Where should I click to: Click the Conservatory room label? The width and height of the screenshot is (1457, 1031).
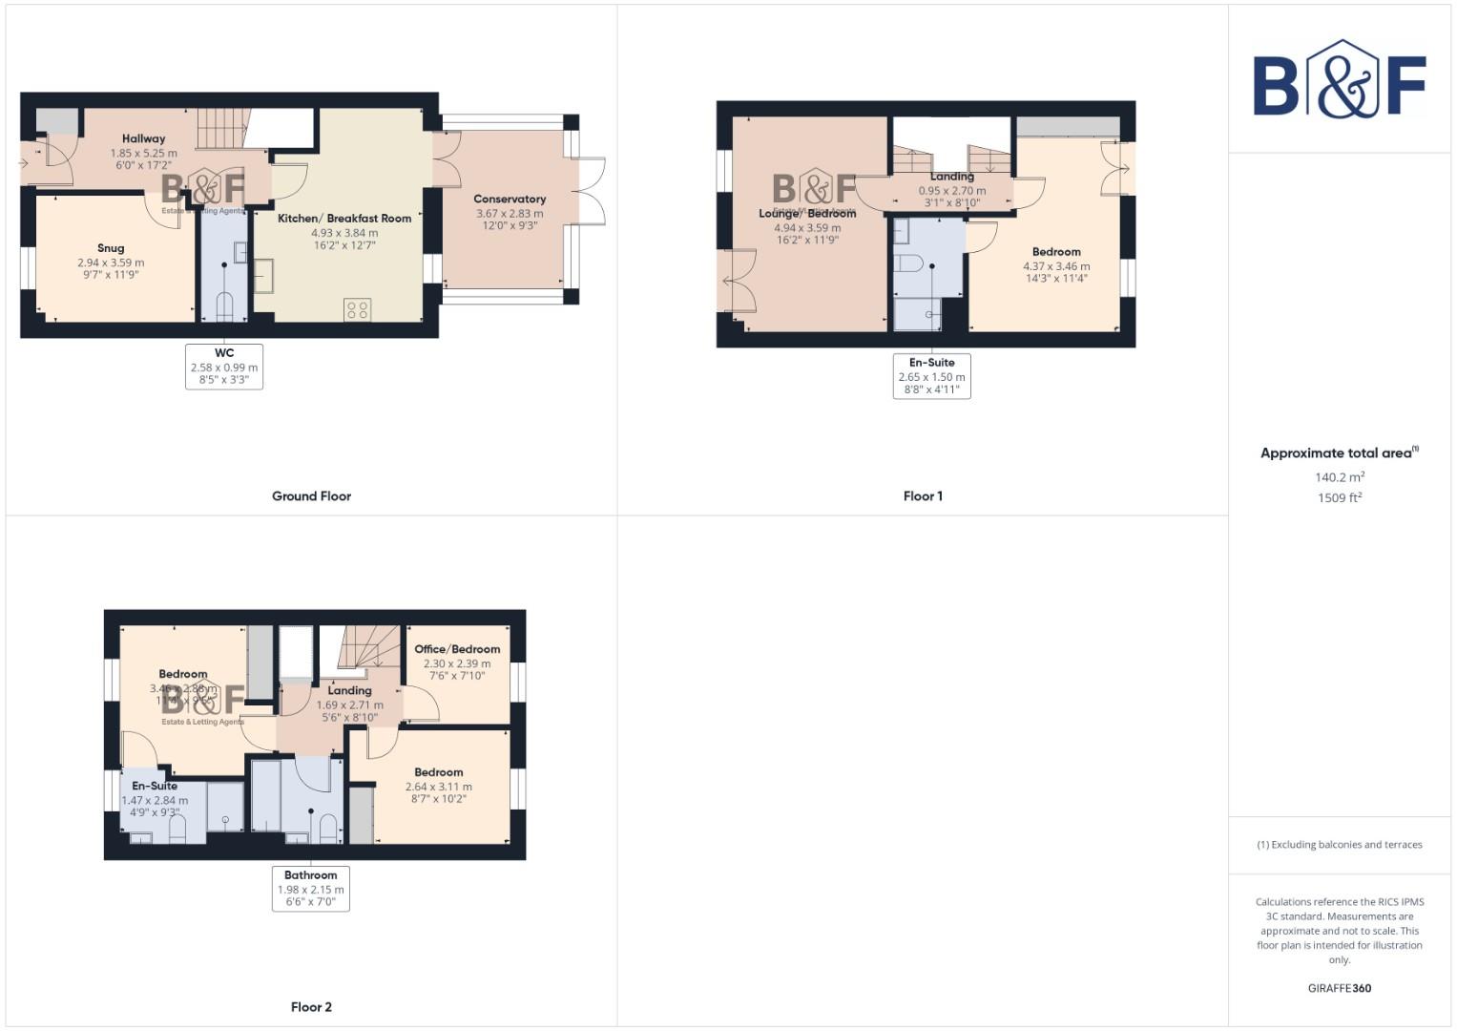pyautogui.click(x=510, y=199)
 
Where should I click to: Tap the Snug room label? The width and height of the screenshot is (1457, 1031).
pyautogui.click(x=111, y=248)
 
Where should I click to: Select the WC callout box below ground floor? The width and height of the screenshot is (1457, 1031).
pyautogui.click(x=224, y=367)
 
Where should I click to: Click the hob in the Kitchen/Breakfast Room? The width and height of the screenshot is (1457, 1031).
pyautogui.click(x=358, y=310)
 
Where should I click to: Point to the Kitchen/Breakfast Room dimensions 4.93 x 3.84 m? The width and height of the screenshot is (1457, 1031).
pyautogui.click(x=344, y=232)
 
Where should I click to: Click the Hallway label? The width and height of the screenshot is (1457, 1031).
pyautogui.click(x=143, y=138)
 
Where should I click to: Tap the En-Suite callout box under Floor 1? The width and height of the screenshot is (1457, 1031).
pyautogui.click(x=931, y=376)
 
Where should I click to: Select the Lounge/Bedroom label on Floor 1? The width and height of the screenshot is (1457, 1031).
pyautogui.click(x=807, y=213)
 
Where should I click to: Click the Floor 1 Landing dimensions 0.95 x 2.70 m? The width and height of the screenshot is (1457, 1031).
pyautogui.click(x=952, y=191)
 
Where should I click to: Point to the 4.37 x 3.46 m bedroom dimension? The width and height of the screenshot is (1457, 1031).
pyautogui.click(x=1056, y=266)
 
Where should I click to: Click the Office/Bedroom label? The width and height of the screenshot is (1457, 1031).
pyautogui.click(x=457, y=649)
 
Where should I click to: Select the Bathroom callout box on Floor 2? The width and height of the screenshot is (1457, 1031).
pyautogui.click(x=311, y=889)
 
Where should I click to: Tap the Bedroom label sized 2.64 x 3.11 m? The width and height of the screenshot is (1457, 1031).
pyautogui.click(x=439, y=772)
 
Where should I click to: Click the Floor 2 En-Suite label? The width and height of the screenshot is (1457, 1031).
pyautogui.click(x=155, y=786)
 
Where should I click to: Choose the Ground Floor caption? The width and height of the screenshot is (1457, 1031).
pyautogui.click(x=311, y=496)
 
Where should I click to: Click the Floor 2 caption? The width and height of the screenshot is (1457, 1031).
pyautogui.click(x=311, y=1007)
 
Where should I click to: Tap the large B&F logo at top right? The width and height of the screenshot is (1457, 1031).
pyautogui.click(x=1339, y=81)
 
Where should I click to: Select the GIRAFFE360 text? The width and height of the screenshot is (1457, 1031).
pyautogui.click(x=1339, y=988)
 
